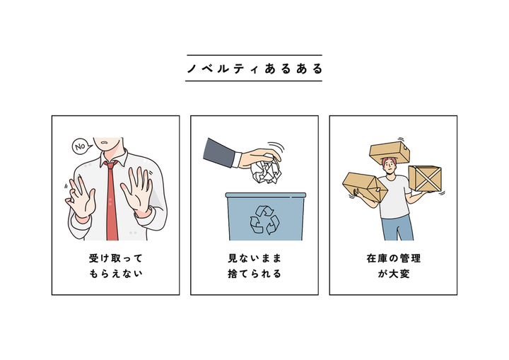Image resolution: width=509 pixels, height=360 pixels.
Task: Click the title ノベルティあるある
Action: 255,69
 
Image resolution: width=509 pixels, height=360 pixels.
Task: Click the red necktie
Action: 112,201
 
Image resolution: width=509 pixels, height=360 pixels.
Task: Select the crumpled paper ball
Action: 266,170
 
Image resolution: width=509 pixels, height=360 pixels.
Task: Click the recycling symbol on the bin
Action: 264,220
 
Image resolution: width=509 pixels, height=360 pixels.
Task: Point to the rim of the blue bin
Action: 266,195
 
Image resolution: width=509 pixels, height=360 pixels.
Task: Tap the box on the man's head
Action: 390,153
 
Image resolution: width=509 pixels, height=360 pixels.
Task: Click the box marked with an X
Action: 426,178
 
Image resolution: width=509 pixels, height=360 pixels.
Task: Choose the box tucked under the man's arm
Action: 365,187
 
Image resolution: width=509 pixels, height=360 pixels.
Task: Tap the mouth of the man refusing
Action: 105,143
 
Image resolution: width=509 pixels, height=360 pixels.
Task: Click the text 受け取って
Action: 116,259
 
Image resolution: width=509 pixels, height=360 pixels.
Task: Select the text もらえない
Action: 116,274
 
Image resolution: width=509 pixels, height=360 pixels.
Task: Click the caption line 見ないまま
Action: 255,259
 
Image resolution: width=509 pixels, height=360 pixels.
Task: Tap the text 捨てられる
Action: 255,274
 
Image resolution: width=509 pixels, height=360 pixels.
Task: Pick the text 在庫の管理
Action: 394,259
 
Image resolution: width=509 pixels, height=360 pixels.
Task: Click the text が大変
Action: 394,274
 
